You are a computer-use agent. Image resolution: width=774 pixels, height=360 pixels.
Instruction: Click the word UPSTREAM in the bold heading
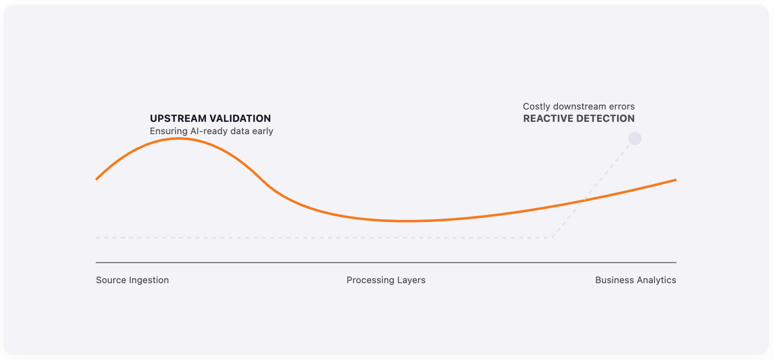[178, 118]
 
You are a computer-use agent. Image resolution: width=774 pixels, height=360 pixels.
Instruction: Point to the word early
[261, 131]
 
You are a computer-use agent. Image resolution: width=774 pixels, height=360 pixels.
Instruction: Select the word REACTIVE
[549, 118]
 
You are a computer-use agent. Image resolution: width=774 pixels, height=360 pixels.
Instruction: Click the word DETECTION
[606, 118]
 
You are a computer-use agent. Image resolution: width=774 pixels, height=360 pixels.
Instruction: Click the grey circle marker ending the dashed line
[635, 139]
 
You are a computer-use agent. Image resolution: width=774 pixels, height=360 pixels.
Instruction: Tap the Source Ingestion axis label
[132, 280]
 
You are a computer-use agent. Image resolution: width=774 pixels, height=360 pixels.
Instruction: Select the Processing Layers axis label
[386, 280]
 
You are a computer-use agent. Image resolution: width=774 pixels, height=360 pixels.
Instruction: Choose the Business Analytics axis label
[636, 280]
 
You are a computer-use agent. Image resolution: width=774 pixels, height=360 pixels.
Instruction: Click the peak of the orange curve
[179, 139]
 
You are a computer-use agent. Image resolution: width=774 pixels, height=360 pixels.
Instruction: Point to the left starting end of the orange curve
[96, 179]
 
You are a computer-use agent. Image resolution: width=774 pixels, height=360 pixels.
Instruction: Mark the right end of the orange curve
[676, 180]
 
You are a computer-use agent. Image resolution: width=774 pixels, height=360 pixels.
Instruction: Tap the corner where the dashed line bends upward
[552, 238]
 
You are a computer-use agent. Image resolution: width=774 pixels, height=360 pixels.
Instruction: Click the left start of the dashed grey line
[96, 238]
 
